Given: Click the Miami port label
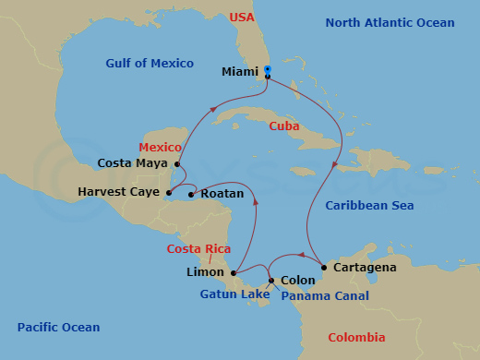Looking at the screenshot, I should coord(241,71).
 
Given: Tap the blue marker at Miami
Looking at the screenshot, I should coord(267,69).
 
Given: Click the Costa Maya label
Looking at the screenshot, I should coord(133,163).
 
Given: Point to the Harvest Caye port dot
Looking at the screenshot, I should coord(169,193).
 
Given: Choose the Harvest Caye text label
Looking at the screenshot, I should coord(119,193).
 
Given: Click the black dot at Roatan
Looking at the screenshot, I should coord(190,194).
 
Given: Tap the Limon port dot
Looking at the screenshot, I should coord(234,272).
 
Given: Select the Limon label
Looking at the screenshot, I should coord(205,272).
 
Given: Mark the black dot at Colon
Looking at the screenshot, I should coord(270,281).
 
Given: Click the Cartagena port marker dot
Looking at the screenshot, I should coord(323,268).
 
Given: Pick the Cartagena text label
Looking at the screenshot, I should coord(364,268).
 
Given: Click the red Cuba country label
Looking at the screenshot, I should coord(284,126).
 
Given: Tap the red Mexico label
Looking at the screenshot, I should coord(158,148).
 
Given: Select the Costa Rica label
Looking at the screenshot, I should coord(198,249).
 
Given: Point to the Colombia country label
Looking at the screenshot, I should coord(356,337).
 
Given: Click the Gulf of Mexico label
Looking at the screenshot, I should coord(150,64).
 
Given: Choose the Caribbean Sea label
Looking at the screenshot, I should coord(369,206).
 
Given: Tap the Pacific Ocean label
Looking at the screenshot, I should coord(59,328).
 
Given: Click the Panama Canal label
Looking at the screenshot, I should coord(325,296).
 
